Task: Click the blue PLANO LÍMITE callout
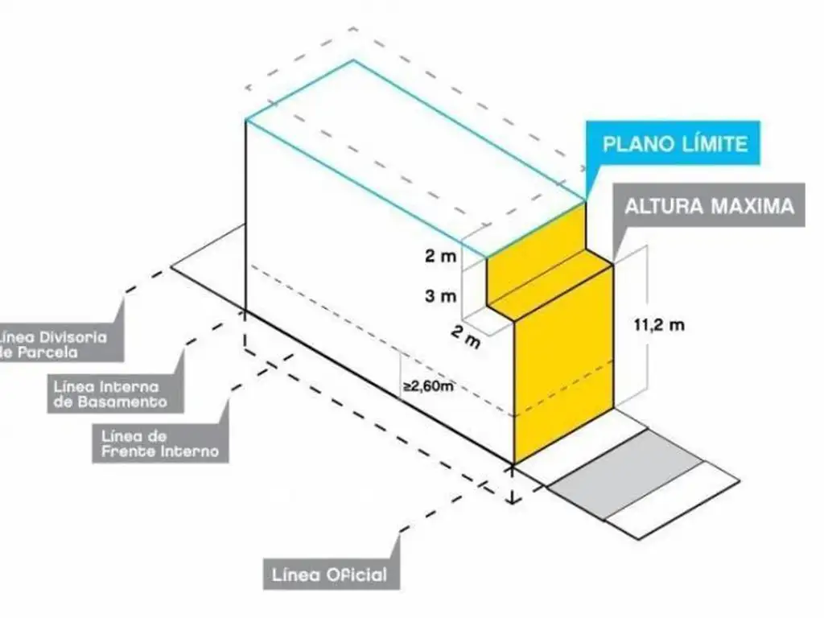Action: pos(677,145)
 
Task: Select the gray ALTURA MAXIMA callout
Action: pos(709,205)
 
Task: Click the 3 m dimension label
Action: pos(440,295)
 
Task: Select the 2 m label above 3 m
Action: pos(440,257)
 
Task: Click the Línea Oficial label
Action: pos(330,575)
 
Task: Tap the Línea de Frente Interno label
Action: pos(159,443)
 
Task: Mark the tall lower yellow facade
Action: pos(563,378)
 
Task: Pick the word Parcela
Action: pos(48,352)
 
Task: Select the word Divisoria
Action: pos(73,337)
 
